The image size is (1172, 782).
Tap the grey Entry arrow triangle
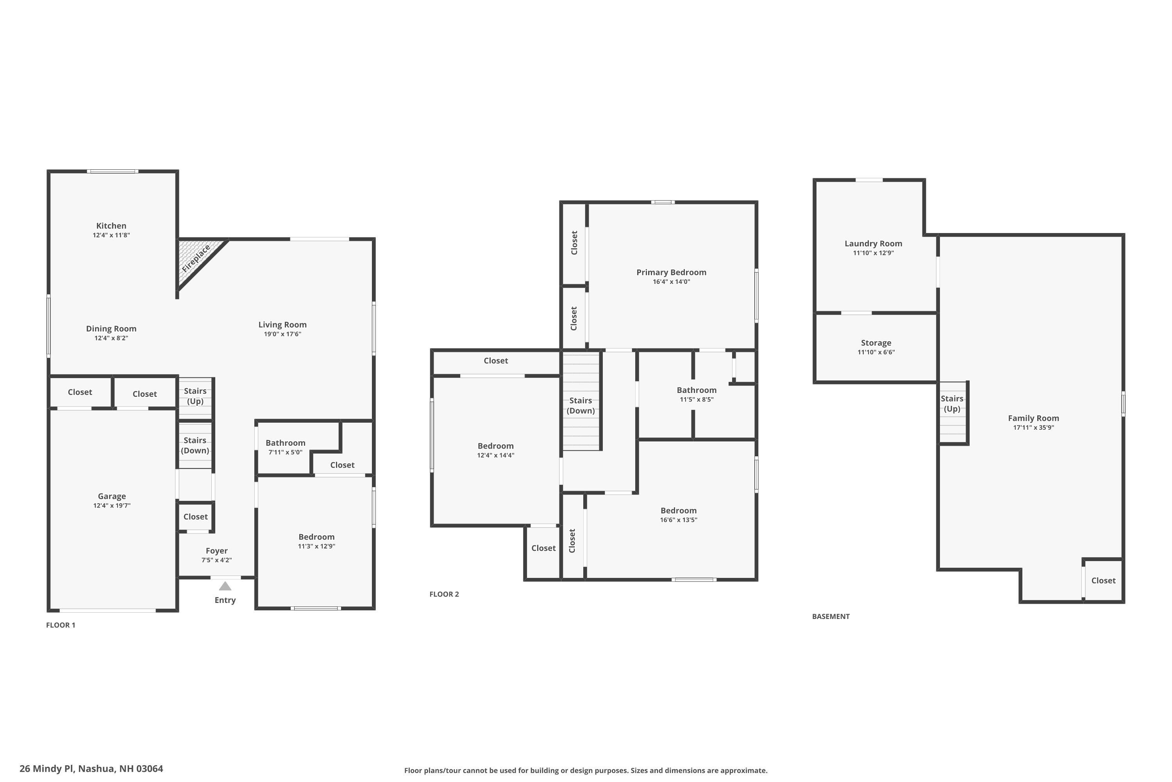pyautogui.click(x=225, y=586)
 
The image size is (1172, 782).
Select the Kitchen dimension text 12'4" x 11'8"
pyautogui.click(x=111, y=235)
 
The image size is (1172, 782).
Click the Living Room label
pyautogui.click(x=282, y=325)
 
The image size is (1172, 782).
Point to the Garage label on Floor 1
pyautogui.click(x=112, y=496)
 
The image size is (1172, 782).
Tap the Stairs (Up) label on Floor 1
pyautogui.click(x=195, y=396)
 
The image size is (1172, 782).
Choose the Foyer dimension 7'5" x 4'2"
pyautogui.click(x=216, y=560)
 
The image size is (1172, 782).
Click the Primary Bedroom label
pyautogui.click(x=671, y=272)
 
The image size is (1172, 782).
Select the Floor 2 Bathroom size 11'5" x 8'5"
pyautogui.click(x=697, y=400)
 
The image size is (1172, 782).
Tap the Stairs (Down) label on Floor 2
pyautogui.click(x=581, y=405)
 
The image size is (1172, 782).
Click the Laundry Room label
pyautogui.click(x=873, y=243)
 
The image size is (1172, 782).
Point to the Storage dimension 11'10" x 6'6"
pyautogui.click(x=876, y=352)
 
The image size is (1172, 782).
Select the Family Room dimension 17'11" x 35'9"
pyautogui.click(x=1033, y=427)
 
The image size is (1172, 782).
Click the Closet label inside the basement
pyautogui.click(x=1103, y=581)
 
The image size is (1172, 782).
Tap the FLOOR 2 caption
pyautogui.click(x=444, y=594)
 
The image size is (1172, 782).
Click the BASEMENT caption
pyautogui.click(x=831, y=617)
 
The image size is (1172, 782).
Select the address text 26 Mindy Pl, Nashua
pyautogui.click(x=91, y=769)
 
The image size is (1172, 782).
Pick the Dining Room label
pyautogui.click(x=111, y=329)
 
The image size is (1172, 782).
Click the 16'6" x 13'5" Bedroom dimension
pyautogui.click(x=679, y=520)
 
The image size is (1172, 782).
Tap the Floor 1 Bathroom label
pyautogui.click(x=285, y=443)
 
